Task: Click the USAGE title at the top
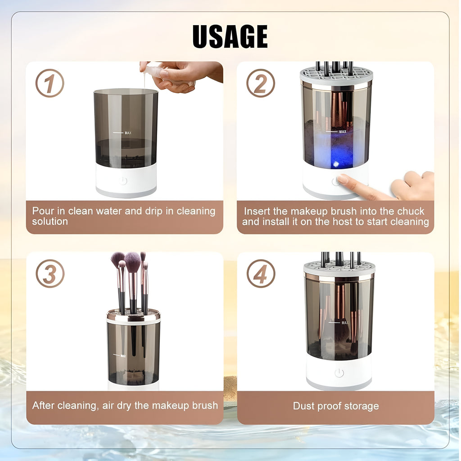(x=230, y=36)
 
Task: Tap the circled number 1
(x=50, y=83)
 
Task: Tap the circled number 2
(x=261, y=83)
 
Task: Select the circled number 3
(x=50, y=274)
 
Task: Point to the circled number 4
(x=261, y=274)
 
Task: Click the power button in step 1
(x=123, y=181)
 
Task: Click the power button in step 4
(x=339, y=373)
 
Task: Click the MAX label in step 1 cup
(x=128, y=133)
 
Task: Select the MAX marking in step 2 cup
(x=343, y=132)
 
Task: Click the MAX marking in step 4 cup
(x=344, y=323)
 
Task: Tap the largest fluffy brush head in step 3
(x=133, y=262)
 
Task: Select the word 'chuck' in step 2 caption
(x=409, y=211)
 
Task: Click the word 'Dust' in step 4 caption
(x=303, y=406)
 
